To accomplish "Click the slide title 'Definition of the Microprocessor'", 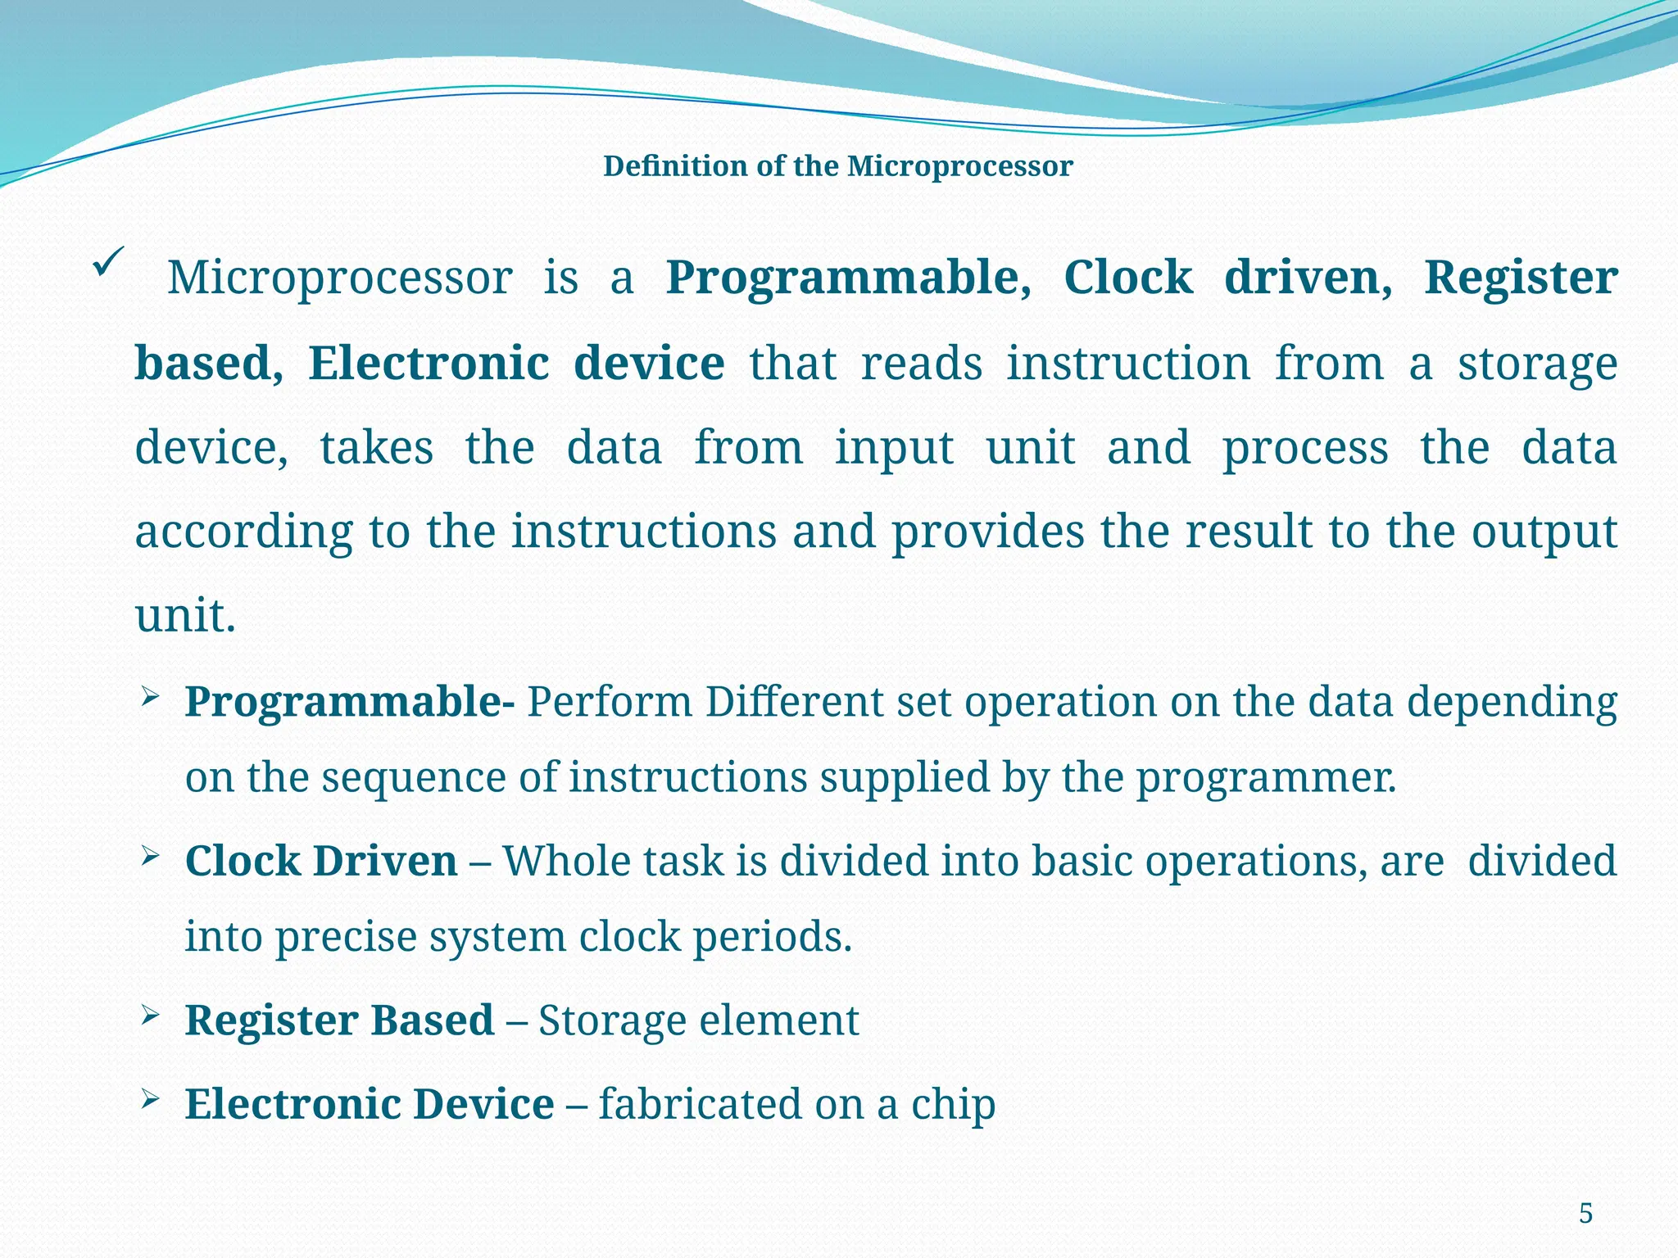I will pyautogui.click(x=837, y=166).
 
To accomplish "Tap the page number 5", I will pyautogui.click(x=1585, y=1213).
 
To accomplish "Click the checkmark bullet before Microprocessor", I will pyautogui.click(x=108, y=262).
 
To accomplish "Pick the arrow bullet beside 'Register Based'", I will pyautogui.click(x=149, y=1016).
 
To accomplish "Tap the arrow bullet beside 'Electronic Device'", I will pyautogui.click(x=149, y=1100).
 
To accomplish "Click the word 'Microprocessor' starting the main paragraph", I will pyautogui.click(x=340, y=278).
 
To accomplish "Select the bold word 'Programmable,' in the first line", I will pyautogui.click(x=848, y=278).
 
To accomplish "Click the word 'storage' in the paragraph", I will pyautogui.click(x=1537, y=364).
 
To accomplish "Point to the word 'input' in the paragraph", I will pyautogui.click(x=894, y=450).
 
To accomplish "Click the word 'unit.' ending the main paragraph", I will pyautogui.click(x=185, y=617).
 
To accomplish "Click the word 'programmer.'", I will pyautogui.click(x=1265, y=778).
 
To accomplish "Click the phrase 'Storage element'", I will pyautogui.click(x=698, y=1021).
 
